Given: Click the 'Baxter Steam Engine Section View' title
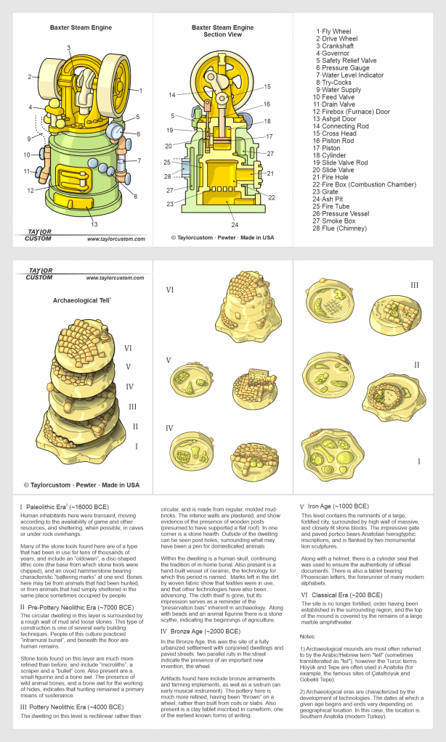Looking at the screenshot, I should pos(222,30).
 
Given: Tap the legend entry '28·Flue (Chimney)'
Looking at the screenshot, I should pos(346,227).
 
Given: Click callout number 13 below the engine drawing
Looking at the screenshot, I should pos(93,224).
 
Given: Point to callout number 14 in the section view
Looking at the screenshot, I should pos(171,94).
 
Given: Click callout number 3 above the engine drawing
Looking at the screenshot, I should pos(69,48).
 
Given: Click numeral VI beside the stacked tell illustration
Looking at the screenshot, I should pos(128,347).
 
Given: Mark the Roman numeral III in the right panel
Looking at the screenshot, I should pos(415,285).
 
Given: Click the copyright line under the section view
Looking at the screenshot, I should pos(222,237).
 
